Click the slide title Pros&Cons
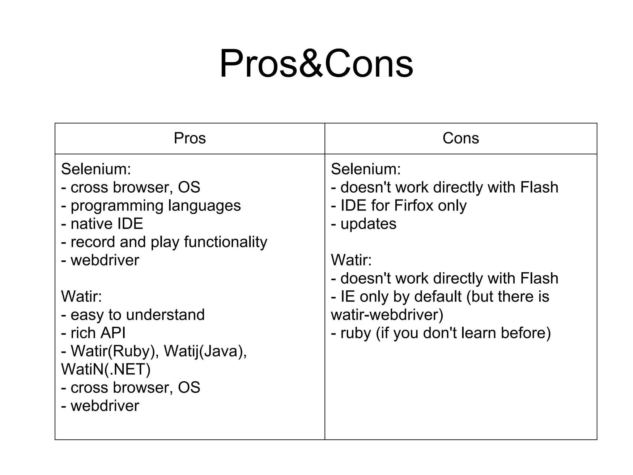click(x=316, y=64)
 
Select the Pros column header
click(x=189, y=138)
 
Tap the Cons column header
click(x=461, y=138)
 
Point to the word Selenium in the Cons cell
click(x=366, y=169)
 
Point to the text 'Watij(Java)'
click(x=205, y=351)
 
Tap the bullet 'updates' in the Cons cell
click(x=368, y=224)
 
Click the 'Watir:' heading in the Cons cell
click(x=351, y=260)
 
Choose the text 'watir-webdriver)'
click(x=387, y=315)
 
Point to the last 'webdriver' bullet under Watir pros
click(x=105, y=406)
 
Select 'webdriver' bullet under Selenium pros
click(x=105, y=260)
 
